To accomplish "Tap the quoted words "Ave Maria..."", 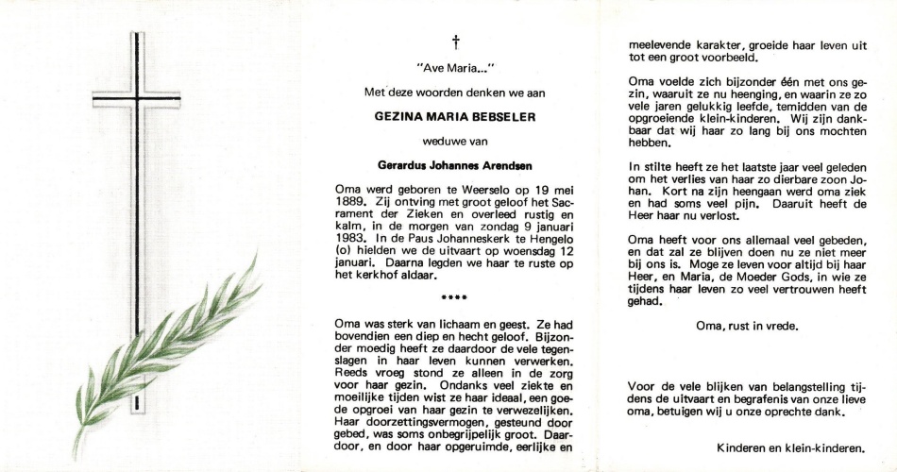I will coord(456,68).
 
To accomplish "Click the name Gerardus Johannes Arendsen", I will coord(455,163).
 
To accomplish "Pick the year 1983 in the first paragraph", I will coord(352,239).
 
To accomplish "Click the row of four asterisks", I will coord(455,299).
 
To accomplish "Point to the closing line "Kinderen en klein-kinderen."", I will coord(791,447).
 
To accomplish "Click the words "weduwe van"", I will coord(455,140).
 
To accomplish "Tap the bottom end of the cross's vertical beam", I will coord(137,408).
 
